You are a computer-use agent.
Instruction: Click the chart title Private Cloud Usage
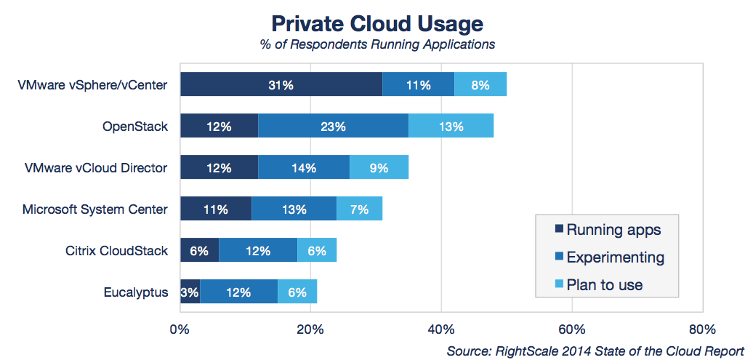[x=377, y=23]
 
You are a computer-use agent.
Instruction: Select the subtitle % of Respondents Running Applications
[x=377, y=44]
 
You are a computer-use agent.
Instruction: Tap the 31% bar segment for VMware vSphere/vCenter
[x=281, y=85]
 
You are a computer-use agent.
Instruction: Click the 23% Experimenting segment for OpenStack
[x=333, y=127]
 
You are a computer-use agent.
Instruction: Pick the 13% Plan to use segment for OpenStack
[x=451, y=127]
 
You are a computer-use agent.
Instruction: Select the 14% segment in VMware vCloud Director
[x=304, y=168]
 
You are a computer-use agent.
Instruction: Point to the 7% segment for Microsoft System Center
[x=359, y=209]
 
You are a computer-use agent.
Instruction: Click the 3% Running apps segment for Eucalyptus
[x=190, y=292]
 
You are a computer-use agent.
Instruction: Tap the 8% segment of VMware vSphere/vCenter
[x=480, y=85]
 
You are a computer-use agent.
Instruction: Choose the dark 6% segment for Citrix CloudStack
[x=199, y=251]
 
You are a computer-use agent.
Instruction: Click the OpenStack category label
[x=135, y=127]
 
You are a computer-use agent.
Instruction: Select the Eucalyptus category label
[x=136, y=292]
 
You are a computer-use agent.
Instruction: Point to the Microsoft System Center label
[x=95, y=209]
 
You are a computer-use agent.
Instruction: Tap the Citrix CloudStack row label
[x=116, y=251]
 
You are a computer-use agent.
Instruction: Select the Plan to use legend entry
[x=604, y=284]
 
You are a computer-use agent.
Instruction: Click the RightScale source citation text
[x=595, y=351]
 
